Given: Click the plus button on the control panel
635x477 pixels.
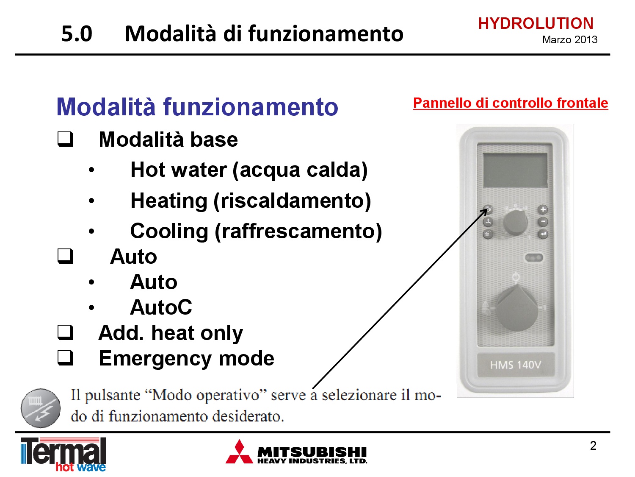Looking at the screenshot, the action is click(543, 209).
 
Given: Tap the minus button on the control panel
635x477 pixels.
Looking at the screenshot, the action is click(543, 222).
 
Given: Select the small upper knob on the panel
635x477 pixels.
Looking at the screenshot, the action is click(515, 223).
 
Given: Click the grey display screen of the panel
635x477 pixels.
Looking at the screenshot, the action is click(515, 170).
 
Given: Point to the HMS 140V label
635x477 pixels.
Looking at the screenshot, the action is click(516, 365).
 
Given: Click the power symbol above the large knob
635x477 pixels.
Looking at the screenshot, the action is click(516, 277).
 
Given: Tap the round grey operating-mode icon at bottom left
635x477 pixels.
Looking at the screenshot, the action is click(41, 408).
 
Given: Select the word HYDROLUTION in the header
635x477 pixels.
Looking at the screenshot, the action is click(536, 23).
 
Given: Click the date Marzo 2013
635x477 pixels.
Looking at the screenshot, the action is click(570, 40).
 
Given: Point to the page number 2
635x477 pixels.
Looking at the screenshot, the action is click(593, 446).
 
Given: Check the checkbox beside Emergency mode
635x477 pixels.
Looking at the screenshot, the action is click(65, 358).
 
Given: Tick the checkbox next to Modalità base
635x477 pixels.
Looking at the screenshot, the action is click(65, 139).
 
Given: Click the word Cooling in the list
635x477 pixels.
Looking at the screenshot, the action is click(169, 231).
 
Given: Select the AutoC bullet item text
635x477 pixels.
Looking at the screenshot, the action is click(161, 307).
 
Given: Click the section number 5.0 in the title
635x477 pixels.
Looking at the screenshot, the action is click(77, 34).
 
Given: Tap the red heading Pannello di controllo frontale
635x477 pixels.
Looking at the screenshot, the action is click(510, 103).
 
